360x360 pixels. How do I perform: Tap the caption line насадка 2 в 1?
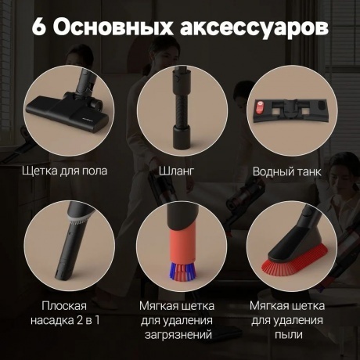[65, 319]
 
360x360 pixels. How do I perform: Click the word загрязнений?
[180, 335]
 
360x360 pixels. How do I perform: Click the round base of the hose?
[181, 142]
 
